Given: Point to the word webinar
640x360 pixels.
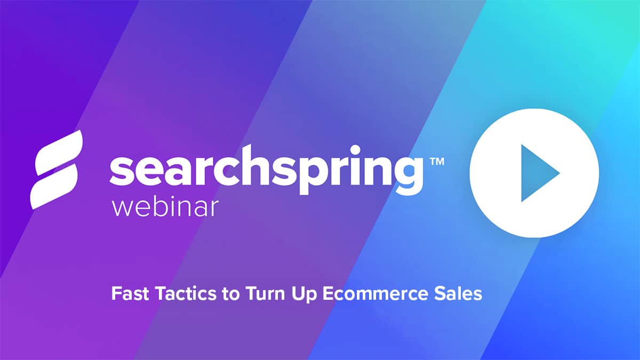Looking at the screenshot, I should [x=165, y=207].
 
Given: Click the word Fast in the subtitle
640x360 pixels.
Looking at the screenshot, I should [x=126, y=293].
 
